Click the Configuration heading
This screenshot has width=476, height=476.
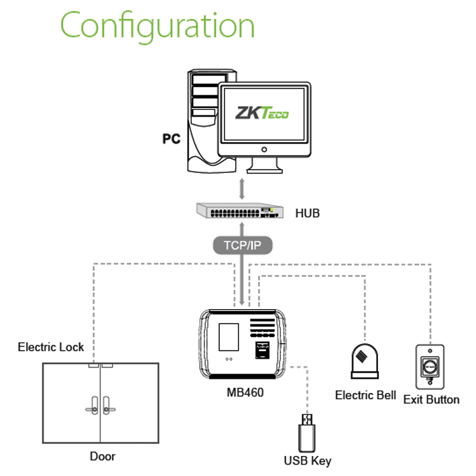point(158,27)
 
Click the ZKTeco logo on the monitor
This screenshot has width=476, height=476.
point(261,113)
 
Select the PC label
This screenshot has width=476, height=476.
point(172,139)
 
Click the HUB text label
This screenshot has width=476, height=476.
point(308,214)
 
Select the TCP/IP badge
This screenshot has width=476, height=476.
point(242,245)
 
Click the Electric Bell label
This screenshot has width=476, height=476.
point(365,396)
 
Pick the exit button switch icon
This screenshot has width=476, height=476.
point(430,367)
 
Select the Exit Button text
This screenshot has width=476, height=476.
point(431,400)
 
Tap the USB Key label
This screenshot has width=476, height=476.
point(308,461)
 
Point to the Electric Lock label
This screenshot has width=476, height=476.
point(51,347)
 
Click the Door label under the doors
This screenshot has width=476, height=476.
point(103,457)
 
